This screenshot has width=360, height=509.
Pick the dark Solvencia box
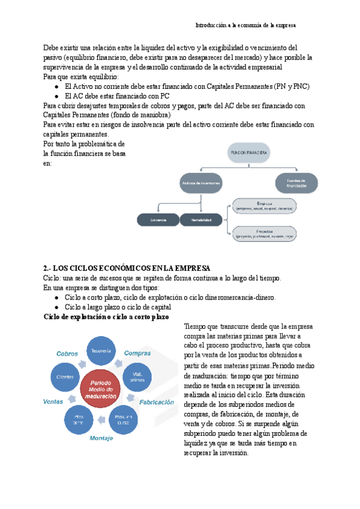pos(158,220)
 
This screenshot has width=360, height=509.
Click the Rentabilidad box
pos(200,220)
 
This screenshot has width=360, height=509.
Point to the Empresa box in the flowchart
pos(264,206)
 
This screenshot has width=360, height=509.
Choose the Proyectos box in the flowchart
pos(264,233)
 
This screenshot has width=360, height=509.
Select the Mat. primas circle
pos(136,375)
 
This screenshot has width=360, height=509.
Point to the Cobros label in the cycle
pos(67,354)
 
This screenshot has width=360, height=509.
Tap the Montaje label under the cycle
pos(101,438)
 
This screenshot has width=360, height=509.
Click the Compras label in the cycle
pos(137,354)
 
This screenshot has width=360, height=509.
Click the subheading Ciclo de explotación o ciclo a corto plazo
pos(106,316)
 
